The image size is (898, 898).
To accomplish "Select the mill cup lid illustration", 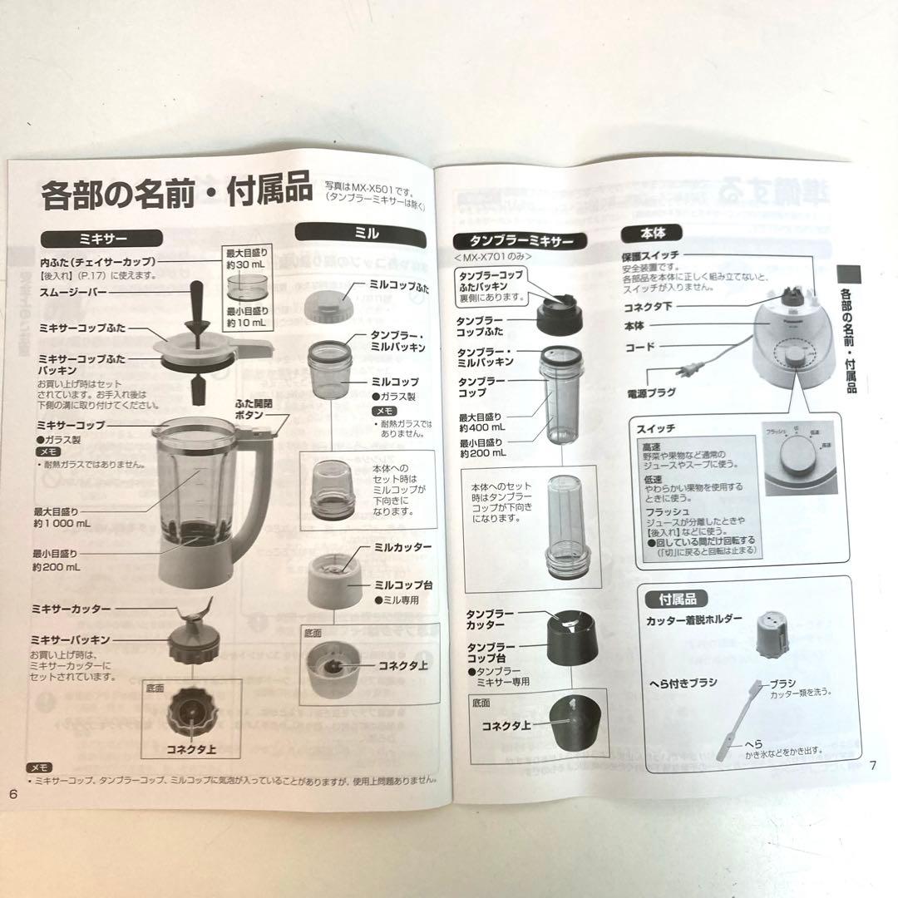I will (325, 299).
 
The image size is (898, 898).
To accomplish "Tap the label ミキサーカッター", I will (72, 609).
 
